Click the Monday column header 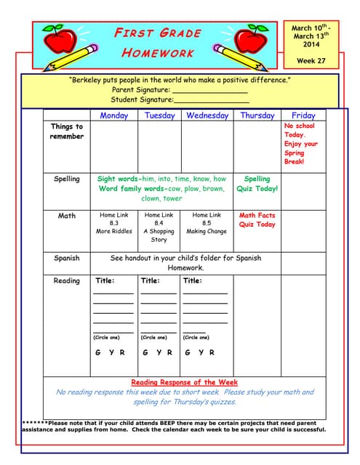(x=113, y=116)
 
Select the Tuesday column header (x=159, y=116)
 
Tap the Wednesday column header (x=207, y=116)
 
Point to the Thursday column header (x=257, y=116)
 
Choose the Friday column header (x=303, y=116)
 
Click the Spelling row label (x=67, y=179)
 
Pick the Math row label (x=67, y=216)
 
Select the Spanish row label (x=67, y=258)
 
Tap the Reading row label (x=67, y=280)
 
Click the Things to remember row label (x=67, y=132)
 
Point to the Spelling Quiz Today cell (x=257, y=184)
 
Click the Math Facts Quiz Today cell (x=257, y=220)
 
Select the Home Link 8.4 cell (x=159, y=227)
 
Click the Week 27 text (x=311, y=60)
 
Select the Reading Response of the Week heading (x=184, y=382)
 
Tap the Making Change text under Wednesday (x=207, y=231)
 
